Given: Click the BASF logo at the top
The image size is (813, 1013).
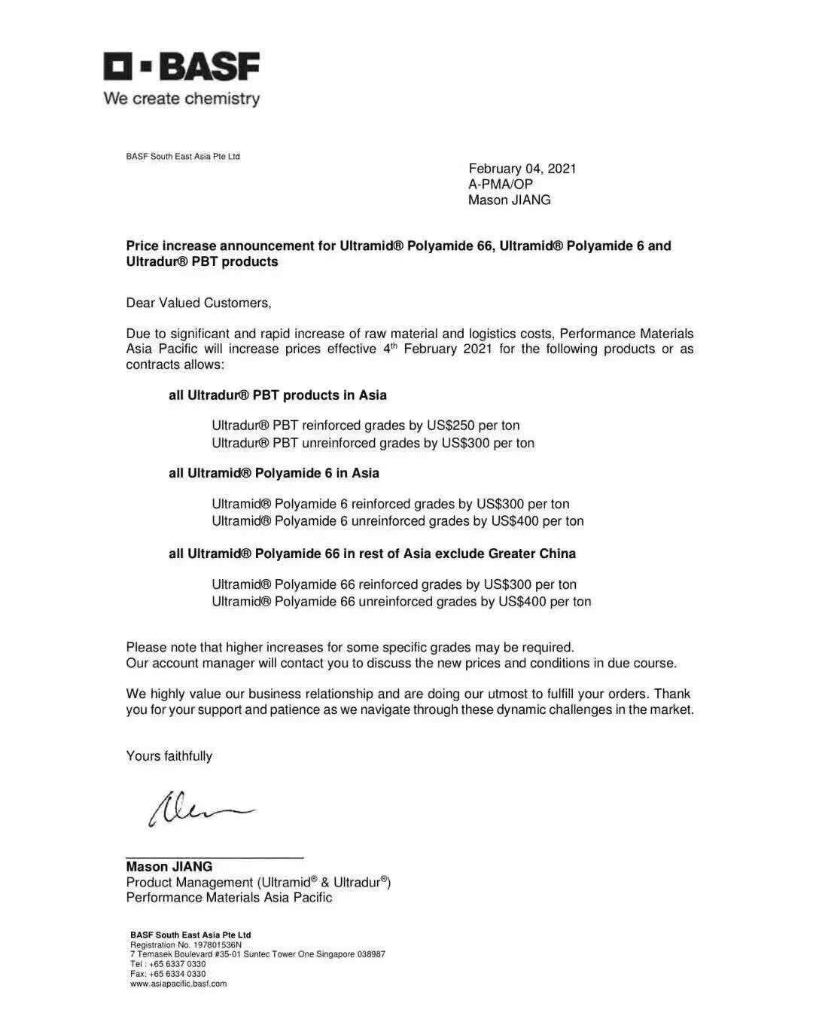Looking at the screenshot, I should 181,67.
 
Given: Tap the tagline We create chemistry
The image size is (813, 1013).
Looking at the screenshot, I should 181,99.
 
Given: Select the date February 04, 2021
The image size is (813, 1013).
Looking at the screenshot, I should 522,169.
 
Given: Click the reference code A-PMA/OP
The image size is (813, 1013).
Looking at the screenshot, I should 500,185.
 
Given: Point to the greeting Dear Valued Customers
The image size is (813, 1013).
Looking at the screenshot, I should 199,303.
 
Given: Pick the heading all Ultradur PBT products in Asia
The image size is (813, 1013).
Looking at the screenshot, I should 277,395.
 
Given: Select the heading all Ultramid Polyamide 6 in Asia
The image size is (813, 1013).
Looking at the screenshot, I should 273,473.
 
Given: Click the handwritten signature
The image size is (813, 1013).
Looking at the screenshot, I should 199,807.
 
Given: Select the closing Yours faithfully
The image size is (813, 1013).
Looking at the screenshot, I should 169,756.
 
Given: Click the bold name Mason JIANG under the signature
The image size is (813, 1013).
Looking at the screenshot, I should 169,867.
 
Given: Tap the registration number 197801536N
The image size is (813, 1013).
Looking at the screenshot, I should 218,944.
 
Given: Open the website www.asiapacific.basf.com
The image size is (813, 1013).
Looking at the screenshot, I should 178,984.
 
